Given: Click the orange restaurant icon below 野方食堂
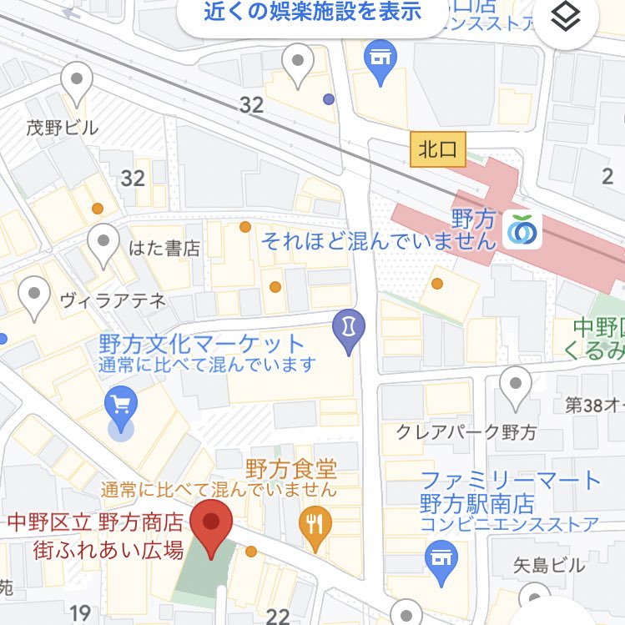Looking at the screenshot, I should [x=315, y=525].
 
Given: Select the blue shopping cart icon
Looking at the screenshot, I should [x=122, y=408].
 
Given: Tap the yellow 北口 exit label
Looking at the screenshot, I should [x=438, y=150].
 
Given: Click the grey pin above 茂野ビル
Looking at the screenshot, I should [x=77, y=84].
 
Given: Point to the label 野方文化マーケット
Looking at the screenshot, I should [x=202, y=344].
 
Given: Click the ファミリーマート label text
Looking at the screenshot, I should [x=511, y=481].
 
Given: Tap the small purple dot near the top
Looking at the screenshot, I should [x=329, y=99].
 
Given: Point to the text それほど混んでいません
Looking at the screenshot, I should [x=379, y=242].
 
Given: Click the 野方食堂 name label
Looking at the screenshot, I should [x=290, y=467].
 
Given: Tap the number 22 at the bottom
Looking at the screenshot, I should [x=277, y=616].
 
